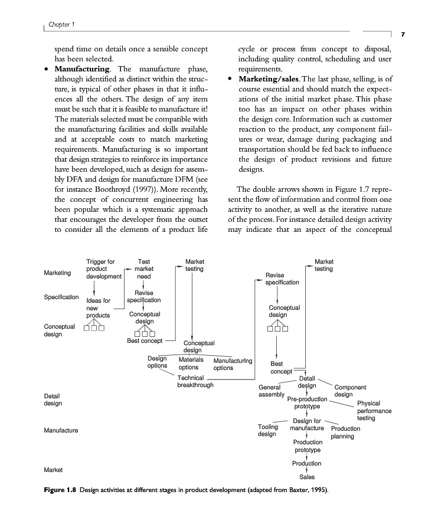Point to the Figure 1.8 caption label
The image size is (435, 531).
(60, 490)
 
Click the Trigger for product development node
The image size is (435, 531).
(103, 268)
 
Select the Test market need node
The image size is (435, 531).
(143, 268)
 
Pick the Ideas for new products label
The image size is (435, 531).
(99, 308)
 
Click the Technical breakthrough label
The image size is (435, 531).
(195, 381)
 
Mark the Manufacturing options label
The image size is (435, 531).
(233, 364)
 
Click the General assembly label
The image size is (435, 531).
(272, 391)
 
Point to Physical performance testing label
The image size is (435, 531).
(374, 410)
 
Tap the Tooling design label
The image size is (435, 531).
(267, 430)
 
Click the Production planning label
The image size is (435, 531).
(345, 432)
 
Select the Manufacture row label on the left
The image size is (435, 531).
(61, 431)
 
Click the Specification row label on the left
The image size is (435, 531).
(61, 297)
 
